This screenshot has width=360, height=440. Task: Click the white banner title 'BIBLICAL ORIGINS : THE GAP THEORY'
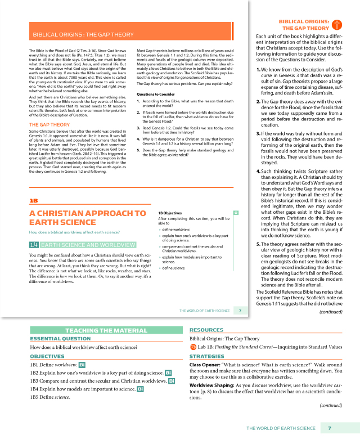click(83, 34)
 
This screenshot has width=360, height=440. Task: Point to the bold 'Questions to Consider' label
click(155, 94)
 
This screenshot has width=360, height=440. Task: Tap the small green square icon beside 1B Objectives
click(236, 213)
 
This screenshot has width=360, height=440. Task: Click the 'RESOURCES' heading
click(206, 330)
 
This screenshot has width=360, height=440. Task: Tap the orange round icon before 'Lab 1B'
click(193, 347)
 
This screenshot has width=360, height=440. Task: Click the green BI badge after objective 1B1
click(82, 365)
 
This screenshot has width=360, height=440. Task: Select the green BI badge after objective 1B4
click(140, 389)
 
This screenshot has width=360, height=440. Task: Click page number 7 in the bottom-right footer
click(329, 429)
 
